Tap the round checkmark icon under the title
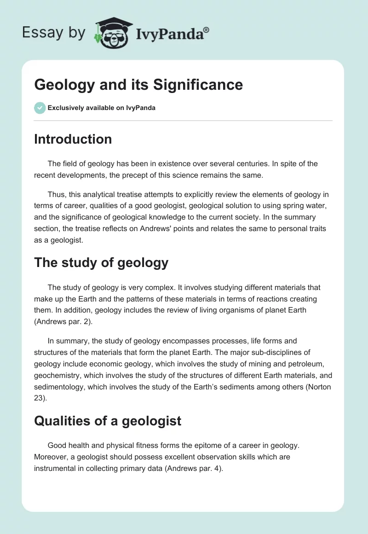(40, 108)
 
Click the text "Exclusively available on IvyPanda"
(101, 108)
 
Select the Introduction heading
(73, 139)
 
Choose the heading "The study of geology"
(101, 262)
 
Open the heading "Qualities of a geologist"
(108, 421)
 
